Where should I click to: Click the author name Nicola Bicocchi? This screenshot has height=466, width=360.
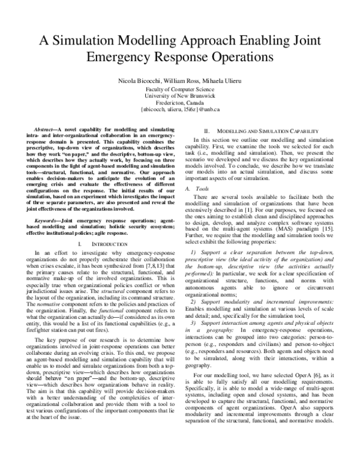[x=122, y=79]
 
